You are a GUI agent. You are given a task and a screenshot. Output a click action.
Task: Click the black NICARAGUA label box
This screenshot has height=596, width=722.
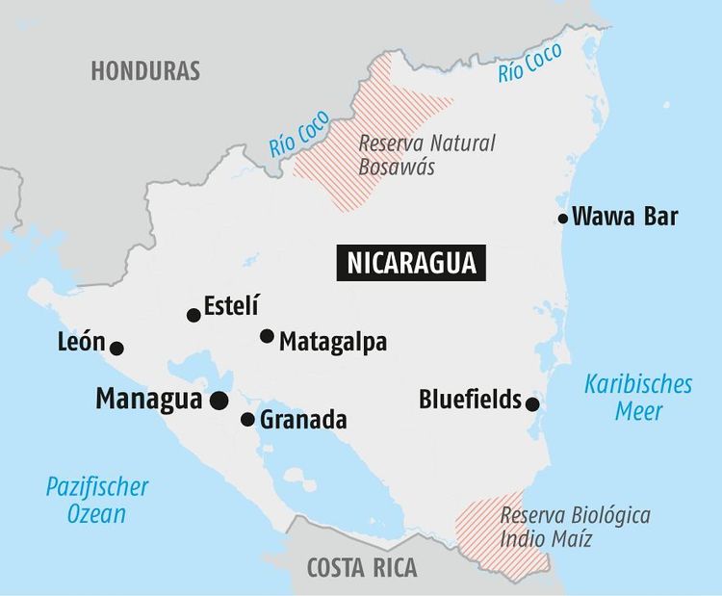[411, 262]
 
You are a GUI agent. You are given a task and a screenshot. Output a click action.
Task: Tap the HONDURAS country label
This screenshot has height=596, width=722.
[145, 70]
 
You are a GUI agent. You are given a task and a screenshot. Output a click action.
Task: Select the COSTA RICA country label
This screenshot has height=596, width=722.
[362, 567]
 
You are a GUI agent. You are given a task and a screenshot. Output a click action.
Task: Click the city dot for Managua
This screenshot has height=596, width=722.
[219, 401]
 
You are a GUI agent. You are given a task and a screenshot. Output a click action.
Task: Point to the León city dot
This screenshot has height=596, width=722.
[116, 349]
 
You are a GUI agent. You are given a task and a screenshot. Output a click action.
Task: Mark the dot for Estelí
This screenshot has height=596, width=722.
[193, 315]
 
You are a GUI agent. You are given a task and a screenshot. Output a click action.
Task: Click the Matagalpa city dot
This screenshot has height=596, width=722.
[267, 336]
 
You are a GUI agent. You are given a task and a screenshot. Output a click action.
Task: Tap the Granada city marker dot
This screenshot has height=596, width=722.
[247, 420]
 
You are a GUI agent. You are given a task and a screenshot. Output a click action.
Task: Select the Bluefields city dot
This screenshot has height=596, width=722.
[532, 404]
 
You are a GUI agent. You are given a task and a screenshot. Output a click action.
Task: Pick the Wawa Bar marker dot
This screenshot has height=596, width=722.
[563, 219]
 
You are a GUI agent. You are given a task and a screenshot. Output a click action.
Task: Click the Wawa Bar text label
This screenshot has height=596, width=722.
[625, 217]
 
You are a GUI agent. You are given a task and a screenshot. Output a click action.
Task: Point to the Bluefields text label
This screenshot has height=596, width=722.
[470, 399]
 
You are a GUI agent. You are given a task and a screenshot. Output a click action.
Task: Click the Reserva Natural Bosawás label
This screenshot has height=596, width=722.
[426, 155]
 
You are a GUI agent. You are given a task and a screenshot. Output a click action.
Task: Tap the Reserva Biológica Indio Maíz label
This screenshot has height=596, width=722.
[575, 527]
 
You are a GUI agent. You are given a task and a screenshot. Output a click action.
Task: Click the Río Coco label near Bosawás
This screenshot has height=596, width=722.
[299, 135]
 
